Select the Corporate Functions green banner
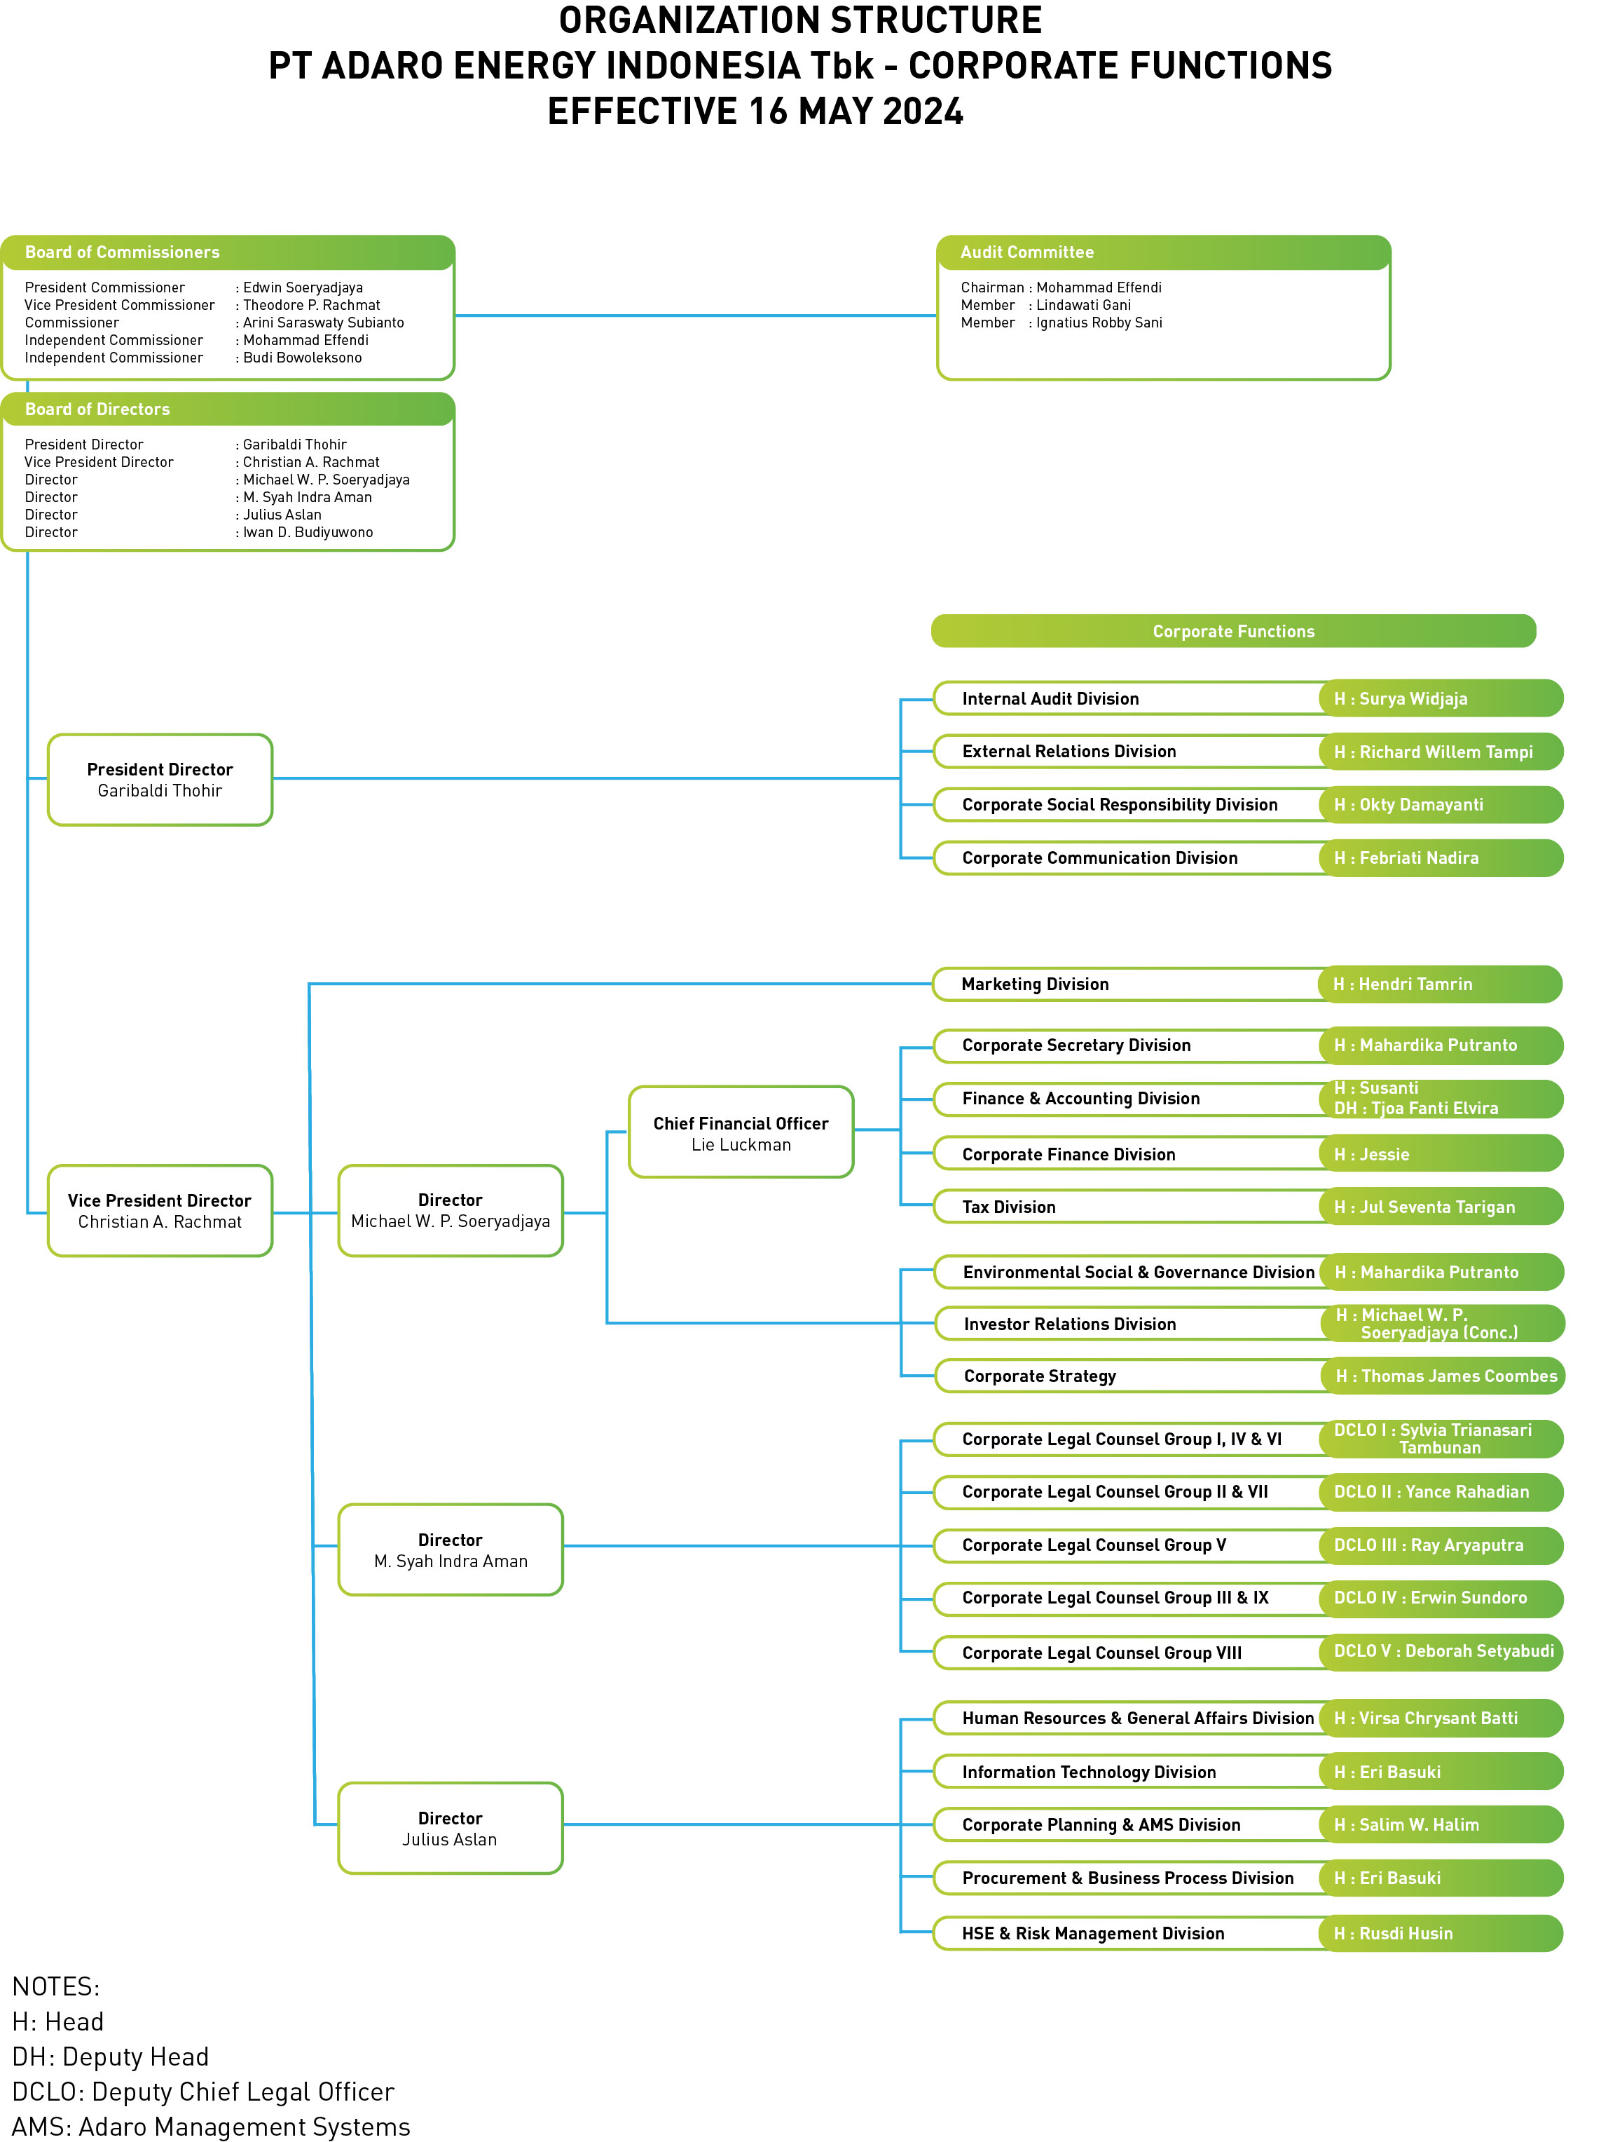pyautogui.click(x=1233, y=631)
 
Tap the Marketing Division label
pyautogui.click(x=1035, y=984)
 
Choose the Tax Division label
pyautogui.click(x=1009, y=1207)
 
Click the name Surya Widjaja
pyautogui.click(x=1413, y=699)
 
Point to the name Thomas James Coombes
pyautogui.click(x=1459, y=1376)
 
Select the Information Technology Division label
pyautogui.click(x=1089, y=1772)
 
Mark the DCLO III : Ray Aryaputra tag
pyautogui.click(x=1429, y=1545)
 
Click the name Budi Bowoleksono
pyautogui.click(x=302, y=358)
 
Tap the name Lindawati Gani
pyautogui.click(x=1083, y=305)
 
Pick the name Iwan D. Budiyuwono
pyautogui.click(x=308, y=533)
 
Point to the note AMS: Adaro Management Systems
pyautogui.click(x=211, y=2127)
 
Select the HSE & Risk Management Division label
pyautogui.click(x=1093, y=1934)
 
